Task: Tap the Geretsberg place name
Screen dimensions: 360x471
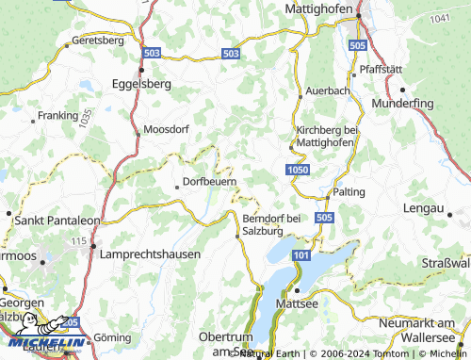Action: pyautogui.click(x=98, y=41)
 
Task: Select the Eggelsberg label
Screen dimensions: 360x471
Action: pyautogui.click(x=140, y=82)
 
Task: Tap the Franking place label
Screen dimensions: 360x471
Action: pyautogui.click(x=57, y=116)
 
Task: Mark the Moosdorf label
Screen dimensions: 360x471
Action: pyautogui.click(x=167, y=129)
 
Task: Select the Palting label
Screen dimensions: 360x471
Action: pyautogui.click(x=348, y=191)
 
